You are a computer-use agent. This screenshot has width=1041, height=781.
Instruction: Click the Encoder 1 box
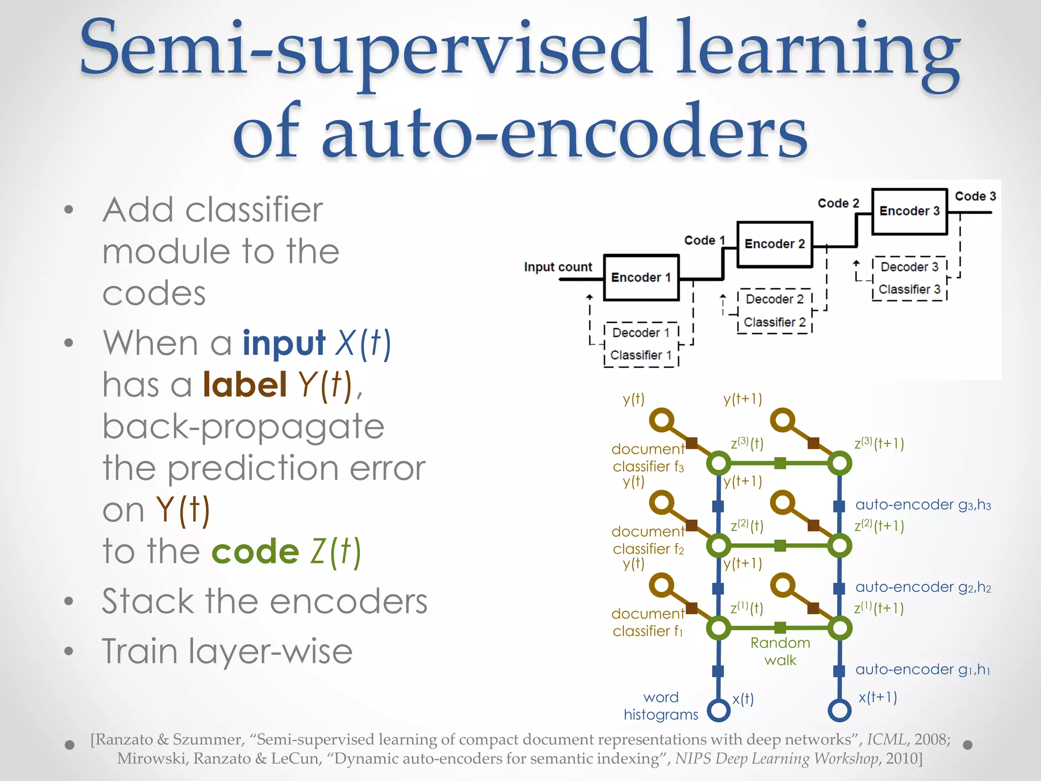[641, 278]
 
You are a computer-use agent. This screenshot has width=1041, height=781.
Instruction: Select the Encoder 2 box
[775, 244]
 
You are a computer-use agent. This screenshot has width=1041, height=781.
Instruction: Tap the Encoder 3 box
[909, 211]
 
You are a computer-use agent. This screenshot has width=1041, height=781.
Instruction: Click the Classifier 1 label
[641, 355]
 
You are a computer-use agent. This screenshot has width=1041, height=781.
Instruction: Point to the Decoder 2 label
[775, 299]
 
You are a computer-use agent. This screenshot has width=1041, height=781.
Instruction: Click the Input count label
[558, 267]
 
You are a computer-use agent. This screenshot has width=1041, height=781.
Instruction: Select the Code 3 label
[975, 196]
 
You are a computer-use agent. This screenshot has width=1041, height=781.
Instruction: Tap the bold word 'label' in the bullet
[245, 384]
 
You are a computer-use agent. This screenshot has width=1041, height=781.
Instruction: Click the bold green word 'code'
[255, 552]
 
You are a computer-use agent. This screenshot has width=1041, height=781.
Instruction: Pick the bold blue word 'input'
[284, 343]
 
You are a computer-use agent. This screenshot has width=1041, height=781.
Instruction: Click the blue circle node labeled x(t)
[718, 710]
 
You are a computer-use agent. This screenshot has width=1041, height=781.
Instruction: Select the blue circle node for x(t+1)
[839, 710]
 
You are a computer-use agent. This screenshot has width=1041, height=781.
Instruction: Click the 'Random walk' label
[780, 651]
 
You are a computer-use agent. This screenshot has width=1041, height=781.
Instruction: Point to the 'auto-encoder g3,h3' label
[923, 504]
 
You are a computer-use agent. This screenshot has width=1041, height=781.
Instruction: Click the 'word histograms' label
[661, 706]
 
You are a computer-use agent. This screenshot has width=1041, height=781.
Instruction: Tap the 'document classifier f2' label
[648, 540]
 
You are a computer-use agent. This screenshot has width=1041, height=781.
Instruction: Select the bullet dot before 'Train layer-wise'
[69, 651]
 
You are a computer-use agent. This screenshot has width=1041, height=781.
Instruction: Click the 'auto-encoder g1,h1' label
[923, 670]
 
